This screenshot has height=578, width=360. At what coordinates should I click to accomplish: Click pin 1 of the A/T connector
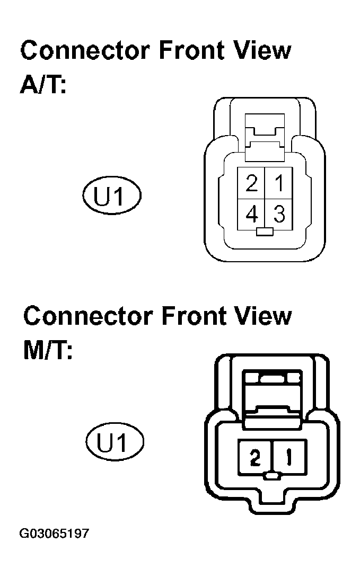coord(279,183)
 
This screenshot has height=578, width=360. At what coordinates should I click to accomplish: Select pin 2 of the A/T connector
coord(251,183)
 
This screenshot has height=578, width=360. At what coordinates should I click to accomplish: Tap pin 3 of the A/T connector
coord(279,215)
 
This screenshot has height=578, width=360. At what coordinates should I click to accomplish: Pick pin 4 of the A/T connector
coord(251,215)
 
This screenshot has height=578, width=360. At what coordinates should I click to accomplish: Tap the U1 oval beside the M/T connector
coord(115,441)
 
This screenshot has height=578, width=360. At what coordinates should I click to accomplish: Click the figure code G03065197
coord(54,533)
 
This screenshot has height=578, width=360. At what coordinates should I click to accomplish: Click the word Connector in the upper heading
coord(85,50)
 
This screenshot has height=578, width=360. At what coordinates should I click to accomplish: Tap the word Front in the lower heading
coord(194,316)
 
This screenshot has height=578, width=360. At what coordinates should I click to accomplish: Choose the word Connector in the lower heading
coord(88,316)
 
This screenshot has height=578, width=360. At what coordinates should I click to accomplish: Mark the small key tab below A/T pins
coord(265,232)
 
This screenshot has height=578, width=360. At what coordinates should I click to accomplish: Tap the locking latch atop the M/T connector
coord(272,399)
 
